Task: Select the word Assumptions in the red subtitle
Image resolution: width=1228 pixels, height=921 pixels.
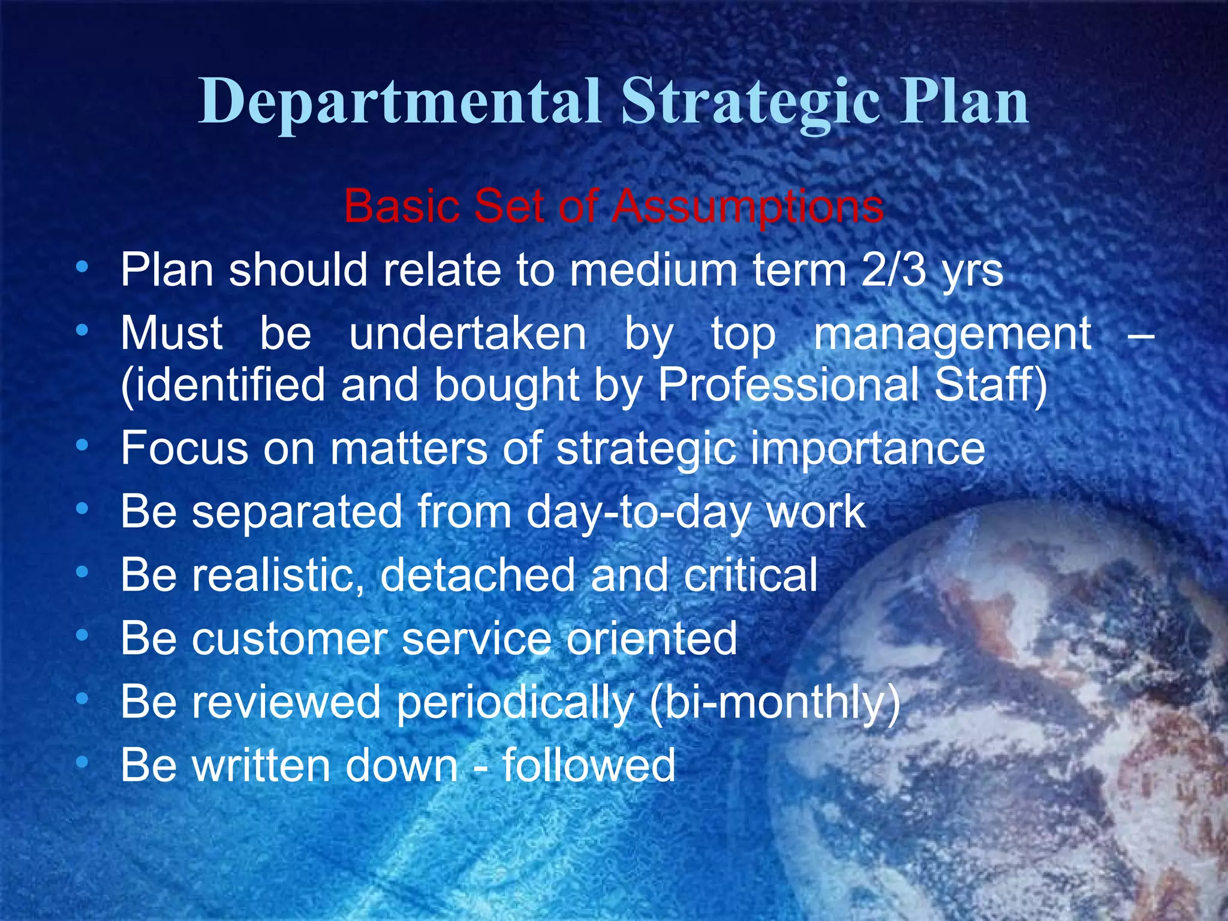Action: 748,206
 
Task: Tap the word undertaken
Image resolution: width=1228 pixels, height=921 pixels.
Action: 468,333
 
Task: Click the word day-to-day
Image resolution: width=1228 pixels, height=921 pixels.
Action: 638,513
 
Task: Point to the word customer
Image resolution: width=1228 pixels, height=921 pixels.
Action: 290,639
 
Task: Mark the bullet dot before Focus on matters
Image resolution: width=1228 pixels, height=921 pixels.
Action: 83,446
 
